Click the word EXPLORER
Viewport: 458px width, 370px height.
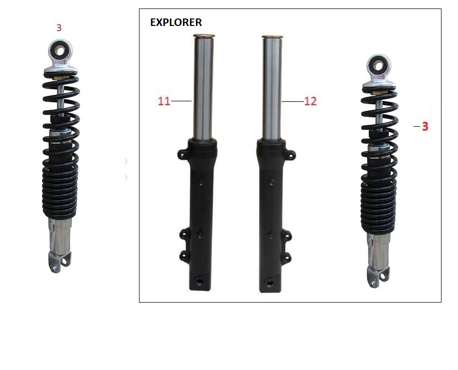click(x=176, y=22)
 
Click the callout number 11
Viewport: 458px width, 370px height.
click(x=164, y=101)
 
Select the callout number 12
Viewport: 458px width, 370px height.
click(x=310, y=101)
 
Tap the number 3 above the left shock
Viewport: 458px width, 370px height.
click(x=59, y=28)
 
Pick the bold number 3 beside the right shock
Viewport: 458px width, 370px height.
click(x=425, y=126)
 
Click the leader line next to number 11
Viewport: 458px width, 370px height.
click(x=181, y=101)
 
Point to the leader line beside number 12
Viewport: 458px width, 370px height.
click(x=293, y=101)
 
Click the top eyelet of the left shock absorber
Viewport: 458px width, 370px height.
click(x=60, y=51)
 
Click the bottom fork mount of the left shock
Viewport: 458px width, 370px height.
click(x=60, y=262)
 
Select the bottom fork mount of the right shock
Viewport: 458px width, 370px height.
click(x=378, y=277)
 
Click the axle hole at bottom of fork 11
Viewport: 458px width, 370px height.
click(x=200, y=282)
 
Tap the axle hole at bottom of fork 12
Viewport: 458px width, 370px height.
click(x=270, y=283)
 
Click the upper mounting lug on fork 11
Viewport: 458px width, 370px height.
click(x=183, y=154)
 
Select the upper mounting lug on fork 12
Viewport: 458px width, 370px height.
click(x=290, y=155)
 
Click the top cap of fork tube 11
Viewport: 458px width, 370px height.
click(x=204, y=36)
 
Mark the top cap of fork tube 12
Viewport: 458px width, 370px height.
click(x=272, y=37)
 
